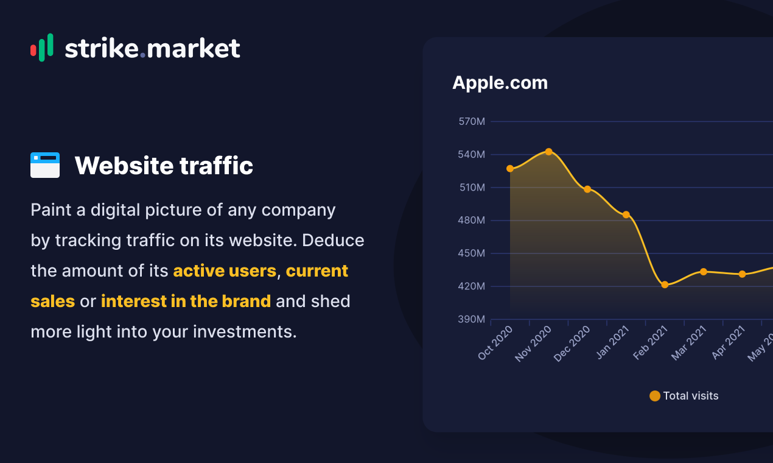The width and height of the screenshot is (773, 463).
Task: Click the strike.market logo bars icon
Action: click(x=41, y=48)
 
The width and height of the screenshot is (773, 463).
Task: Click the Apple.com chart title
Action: click(x=500, y=83)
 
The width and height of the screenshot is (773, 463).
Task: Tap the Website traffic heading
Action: click(x=164, y=165)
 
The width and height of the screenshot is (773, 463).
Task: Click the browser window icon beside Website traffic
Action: click(x=45, y=165)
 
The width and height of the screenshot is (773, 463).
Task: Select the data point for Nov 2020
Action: click(x=548, y=152)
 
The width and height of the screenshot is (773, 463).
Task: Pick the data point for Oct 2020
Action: click(x=510, y=169)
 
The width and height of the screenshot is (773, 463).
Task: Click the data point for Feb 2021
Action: click(x=665, y=285)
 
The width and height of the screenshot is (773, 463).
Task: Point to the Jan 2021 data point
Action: click(x=626, y=214)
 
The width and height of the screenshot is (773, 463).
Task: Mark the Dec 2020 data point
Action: click(x=587, y=189)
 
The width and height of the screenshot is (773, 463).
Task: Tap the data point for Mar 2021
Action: click(x=704, y=272)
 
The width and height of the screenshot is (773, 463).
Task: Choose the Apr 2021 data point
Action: click(x=742, y=274)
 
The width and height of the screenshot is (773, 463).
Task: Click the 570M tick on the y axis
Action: click(x=472, y=122)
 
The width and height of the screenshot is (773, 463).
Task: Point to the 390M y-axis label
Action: click(x=472, y=319)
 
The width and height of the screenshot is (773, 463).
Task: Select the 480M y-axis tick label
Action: click(x=472, y=221)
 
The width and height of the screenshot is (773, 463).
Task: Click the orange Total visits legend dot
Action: click(x=655, y=396)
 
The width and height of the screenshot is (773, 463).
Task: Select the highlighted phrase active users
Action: click(x=225, y=270)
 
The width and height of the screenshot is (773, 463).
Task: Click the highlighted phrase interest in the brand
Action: click(x=186, y=301)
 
